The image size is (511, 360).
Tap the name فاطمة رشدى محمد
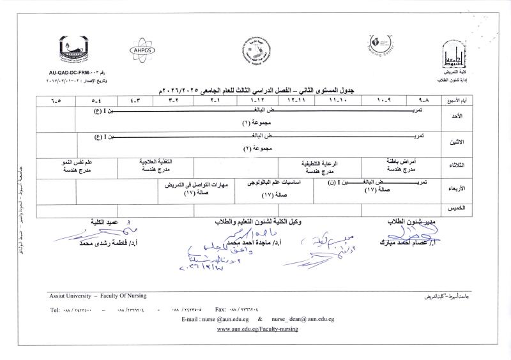tap(102, 243)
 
